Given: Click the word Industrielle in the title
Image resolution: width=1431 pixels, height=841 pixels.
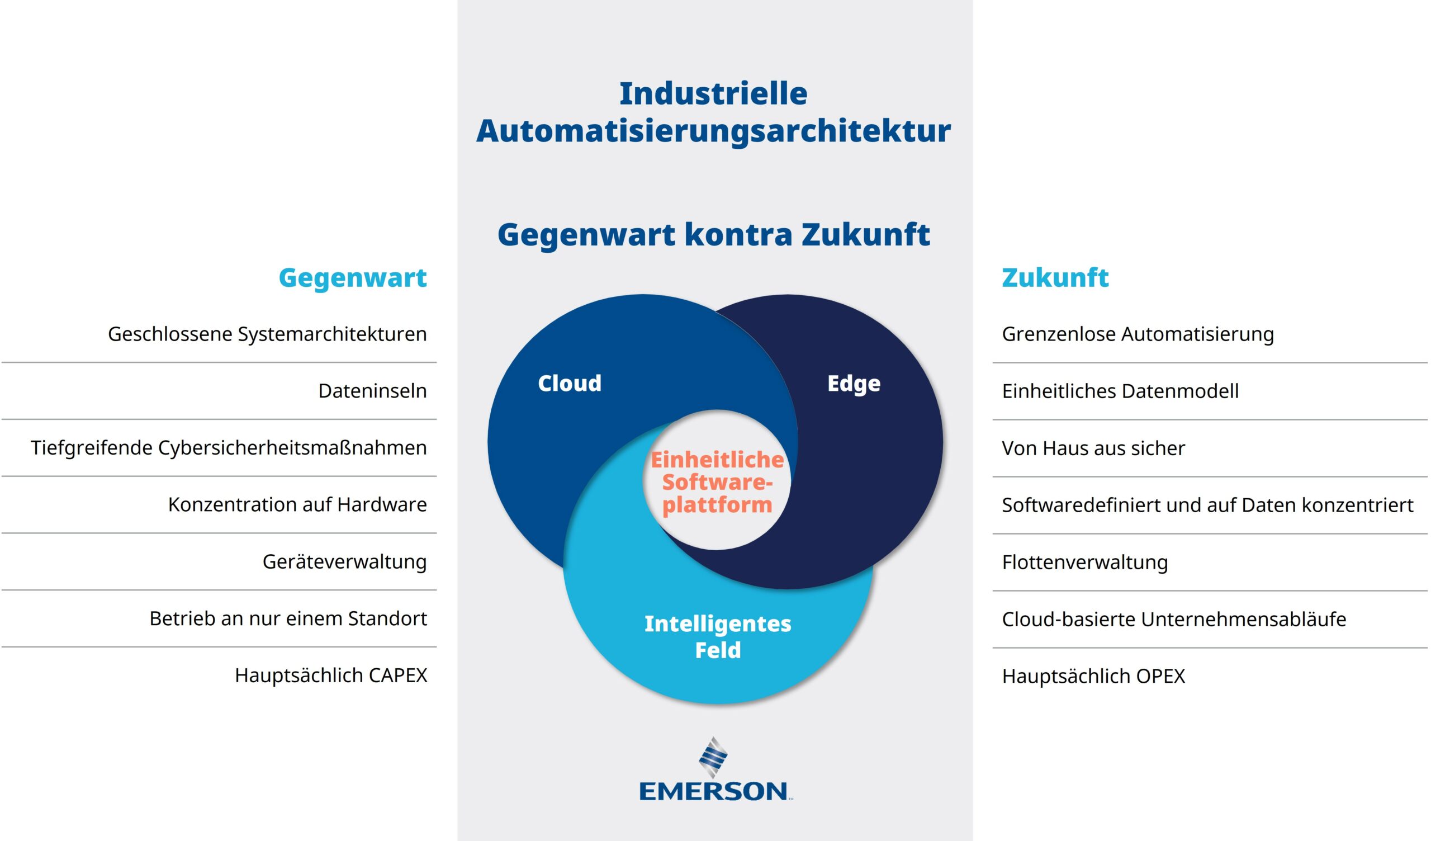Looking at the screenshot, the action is point(713,94).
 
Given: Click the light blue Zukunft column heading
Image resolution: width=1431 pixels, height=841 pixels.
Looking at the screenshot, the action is point(1055,278).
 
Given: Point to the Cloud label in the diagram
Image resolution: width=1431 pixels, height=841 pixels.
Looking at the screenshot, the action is point(570,384).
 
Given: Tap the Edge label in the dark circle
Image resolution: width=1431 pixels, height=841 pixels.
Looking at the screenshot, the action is point(854,384).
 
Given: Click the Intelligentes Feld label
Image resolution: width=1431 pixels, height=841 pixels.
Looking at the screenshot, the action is point(718,637).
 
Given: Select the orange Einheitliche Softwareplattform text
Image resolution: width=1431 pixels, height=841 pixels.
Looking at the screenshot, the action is point(717,483).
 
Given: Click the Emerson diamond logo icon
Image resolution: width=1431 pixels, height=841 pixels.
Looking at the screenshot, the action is point(713,758).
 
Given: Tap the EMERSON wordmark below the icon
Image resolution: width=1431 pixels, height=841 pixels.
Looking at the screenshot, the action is point(714,792).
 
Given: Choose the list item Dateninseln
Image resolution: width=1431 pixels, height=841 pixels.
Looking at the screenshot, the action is point(372,391).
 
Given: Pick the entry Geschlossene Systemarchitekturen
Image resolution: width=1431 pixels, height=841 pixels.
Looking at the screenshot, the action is point(267,334).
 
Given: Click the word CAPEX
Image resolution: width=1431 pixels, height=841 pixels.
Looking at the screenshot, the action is point(397,675).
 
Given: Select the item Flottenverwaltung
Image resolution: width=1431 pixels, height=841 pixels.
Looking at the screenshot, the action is point(1084,562).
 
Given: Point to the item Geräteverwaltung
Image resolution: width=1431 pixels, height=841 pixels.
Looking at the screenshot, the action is point(345,562).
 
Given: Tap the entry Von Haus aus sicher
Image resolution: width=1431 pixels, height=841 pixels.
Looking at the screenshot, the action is point(1093,448).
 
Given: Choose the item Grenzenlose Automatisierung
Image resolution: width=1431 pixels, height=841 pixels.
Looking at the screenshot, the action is point(1138,334).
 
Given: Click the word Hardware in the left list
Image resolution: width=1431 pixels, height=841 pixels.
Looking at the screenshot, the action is point(382,504).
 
